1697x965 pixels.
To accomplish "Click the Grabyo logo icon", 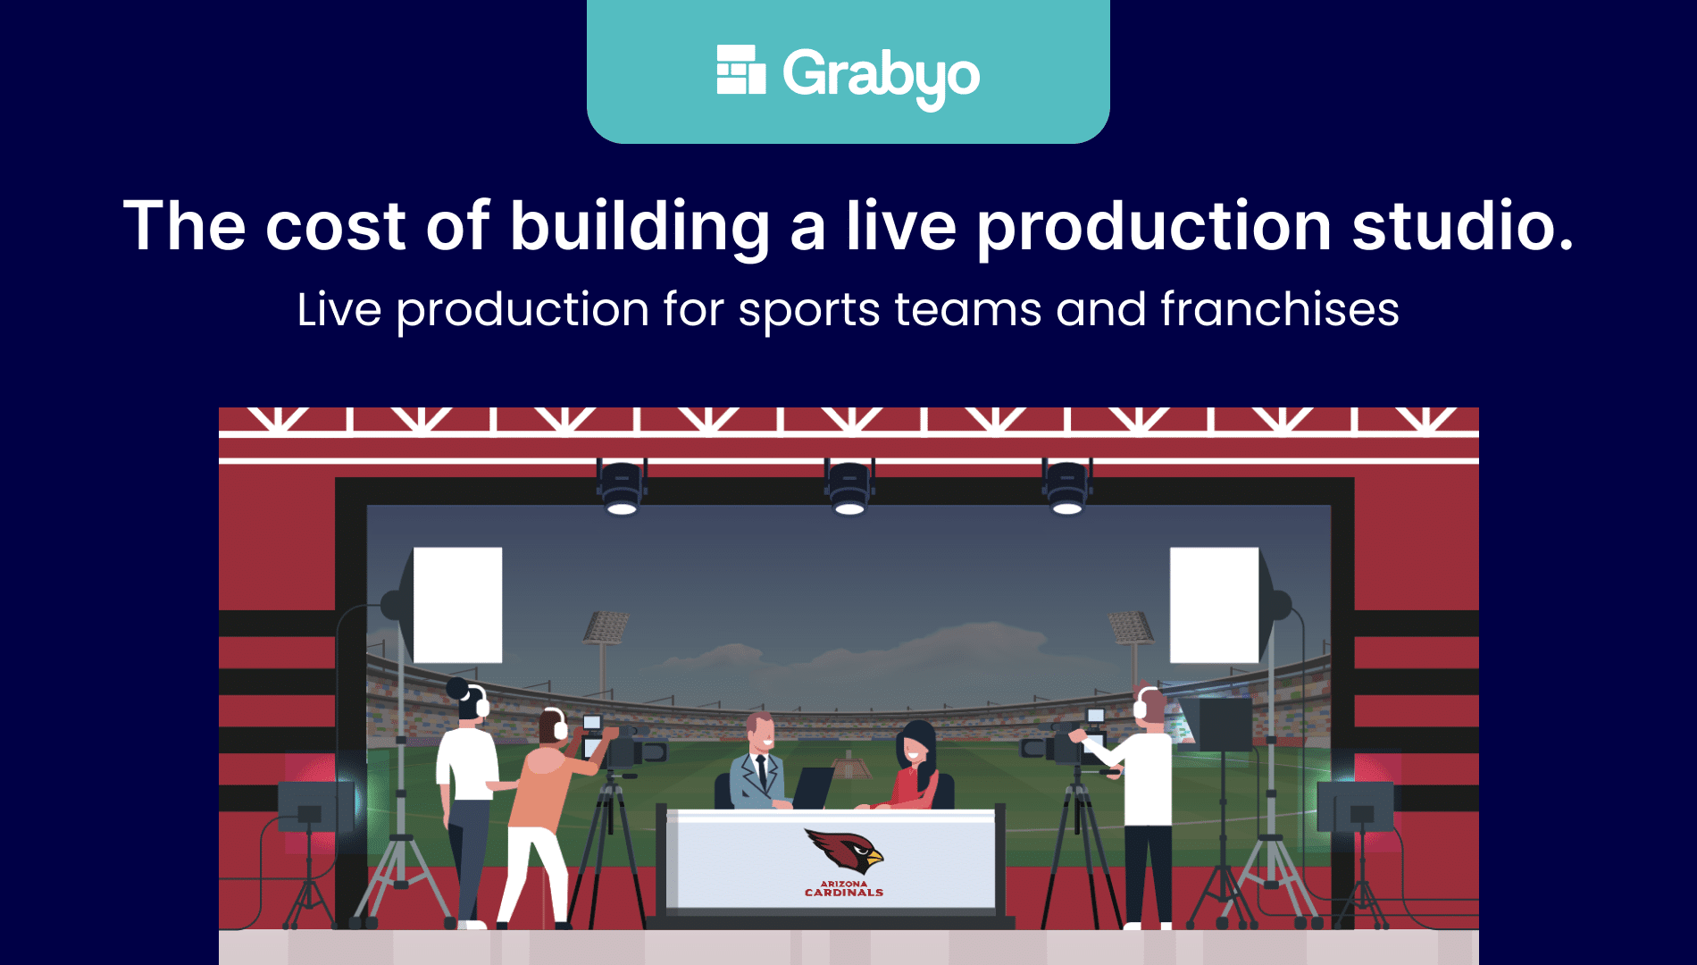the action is point(741,70).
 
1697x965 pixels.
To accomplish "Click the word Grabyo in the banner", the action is point(882,76).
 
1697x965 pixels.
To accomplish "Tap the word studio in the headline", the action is point(1463,225).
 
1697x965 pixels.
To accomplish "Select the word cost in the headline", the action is point(336,226).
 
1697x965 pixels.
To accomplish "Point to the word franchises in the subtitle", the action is point(1280,309).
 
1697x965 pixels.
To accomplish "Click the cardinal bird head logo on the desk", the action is point(844,850).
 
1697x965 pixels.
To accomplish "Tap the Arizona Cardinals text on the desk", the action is point(844,888).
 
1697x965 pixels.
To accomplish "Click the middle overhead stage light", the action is point(849,488).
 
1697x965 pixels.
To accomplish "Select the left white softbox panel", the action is point(457,605).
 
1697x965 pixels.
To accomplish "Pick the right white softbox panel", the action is point(1215,605).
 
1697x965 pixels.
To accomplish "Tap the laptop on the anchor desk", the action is point(813,787).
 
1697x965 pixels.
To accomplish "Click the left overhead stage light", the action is point(622,488).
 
